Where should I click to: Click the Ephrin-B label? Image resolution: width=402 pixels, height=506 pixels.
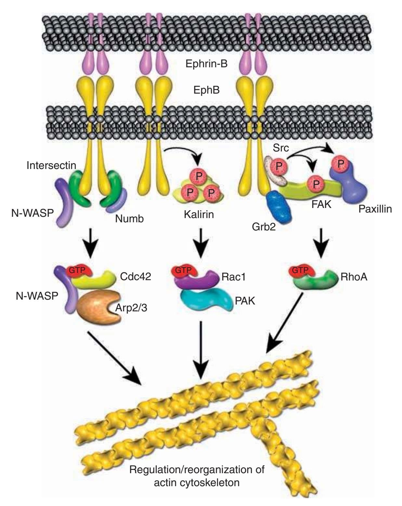pos(206,63)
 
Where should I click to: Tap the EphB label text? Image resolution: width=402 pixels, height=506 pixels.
pos(206,90)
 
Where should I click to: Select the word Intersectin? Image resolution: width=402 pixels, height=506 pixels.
pos(51,165)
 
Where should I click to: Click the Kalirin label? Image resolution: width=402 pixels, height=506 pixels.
pos(199,214)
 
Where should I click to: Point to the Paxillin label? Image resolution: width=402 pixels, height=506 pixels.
pos(375,209)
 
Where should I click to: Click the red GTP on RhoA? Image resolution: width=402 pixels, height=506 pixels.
pos(300,271)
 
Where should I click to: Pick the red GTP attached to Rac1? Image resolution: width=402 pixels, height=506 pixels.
pos(184,270)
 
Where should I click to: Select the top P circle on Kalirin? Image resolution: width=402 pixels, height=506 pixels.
pos(199,176)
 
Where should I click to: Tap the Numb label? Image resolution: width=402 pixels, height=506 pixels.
pos(129,219)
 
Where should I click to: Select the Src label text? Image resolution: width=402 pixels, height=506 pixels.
pos(281,148)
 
